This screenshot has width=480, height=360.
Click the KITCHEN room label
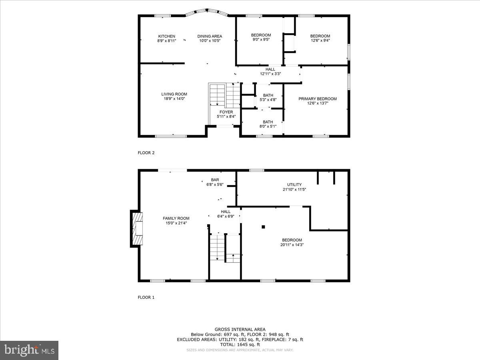[x=166, y=36]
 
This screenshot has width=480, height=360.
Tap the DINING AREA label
[x=210, y=36]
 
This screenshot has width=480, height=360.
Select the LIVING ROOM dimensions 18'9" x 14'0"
[x=174, y=99]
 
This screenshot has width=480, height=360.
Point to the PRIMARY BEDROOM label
[x=318, y=99]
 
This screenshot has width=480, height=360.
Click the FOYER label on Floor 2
[x=226, y=112]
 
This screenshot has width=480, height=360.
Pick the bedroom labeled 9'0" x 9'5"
[x=261, y=37]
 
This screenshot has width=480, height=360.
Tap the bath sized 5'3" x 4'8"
[x=268, y=97]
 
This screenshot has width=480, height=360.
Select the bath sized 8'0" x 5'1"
[x=268, y=124]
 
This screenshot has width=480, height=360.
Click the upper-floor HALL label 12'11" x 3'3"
[x=270, y=71]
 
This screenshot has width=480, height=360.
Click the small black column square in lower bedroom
[x=263, y=227]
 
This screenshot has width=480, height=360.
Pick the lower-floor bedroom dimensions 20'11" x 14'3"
[x=292, y=245]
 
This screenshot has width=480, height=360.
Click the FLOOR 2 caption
[x=146, y=152]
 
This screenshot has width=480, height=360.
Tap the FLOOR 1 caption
[x=146, y=297]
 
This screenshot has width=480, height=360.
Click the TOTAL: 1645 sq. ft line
[x=240, y=344]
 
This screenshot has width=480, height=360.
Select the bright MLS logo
[x=29, y=350]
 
